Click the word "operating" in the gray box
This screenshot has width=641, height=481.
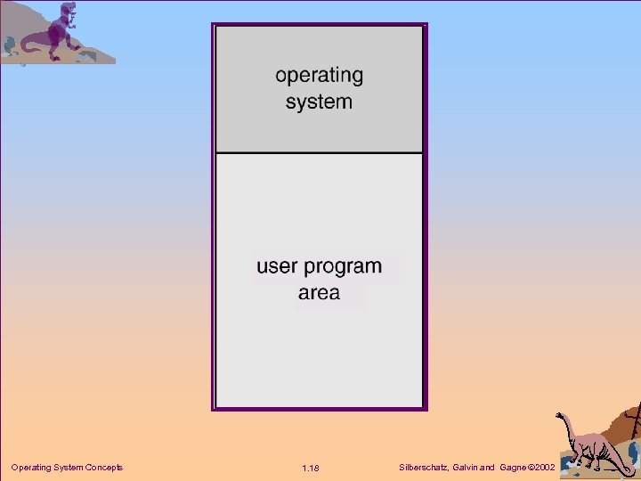[x=319, y=76]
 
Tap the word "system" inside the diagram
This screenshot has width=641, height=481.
[x=319, y=102]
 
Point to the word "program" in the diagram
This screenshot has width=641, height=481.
[x=343, y=267]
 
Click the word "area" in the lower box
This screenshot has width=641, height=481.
[x=319, y=293]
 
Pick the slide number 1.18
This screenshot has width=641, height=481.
[x=310, y=469]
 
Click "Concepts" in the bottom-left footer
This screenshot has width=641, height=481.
[x=103, y=468]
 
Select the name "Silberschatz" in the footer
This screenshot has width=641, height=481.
[x=426, y=468]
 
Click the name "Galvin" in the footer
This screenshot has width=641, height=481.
[x=470, y=468]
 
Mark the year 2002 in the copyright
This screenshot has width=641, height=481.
[x=545, y=468]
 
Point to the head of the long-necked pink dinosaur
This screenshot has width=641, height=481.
[x=560, y=415]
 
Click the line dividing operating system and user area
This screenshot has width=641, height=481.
[x=319, y=152]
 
